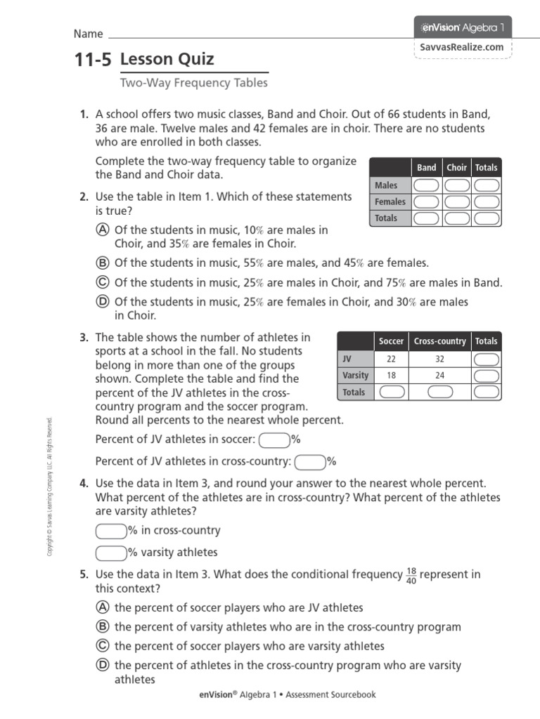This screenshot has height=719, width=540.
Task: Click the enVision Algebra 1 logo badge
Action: pos(462,27)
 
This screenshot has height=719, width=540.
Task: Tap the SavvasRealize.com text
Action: pos(462,48)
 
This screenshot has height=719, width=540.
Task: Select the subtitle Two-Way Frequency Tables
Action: pos(194,83)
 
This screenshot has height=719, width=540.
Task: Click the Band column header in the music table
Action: pos(426,168)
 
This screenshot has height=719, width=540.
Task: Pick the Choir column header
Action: pos(456,168)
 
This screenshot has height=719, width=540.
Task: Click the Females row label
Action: pos(390,202)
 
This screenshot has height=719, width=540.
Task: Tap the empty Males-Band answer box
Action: pos(426,185)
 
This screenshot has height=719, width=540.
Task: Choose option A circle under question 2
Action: pos(102,230)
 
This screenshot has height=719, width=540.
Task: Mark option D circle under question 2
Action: pos(102,302)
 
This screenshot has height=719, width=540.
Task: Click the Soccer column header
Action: pos(391,341)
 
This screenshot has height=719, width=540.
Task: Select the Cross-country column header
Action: pos(439,341)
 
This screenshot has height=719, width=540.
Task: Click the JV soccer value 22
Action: pos(391,359)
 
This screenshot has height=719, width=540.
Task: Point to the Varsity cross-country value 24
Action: pos(439,375)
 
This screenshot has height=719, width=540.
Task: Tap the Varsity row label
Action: pos(355,375)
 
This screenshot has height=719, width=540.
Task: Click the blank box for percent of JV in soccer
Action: pos(274,440)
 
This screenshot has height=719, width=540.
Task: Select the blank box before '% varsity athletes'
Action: pos(110,553)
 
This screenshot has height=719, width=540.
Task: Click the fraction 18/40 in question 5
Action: pos(411,576)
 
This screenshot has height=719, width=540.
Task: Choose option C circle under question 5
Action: pos(102,646)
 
